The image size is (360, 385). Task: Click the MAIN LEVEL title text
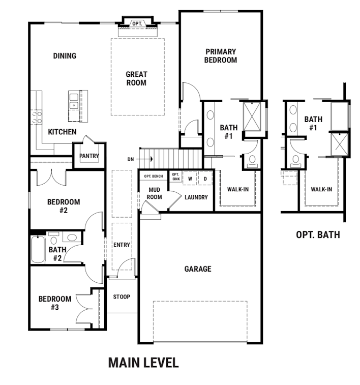point(143,363)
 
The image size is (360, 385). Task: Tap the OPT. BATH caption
point(318,235)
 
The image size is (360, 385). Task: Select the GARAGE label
point(198,269)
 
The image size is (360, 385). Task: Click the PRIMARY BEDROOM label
point(221,56)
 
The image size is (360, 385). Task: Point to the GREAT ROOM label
point(136,78)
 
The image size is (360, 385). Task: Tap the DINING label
point(65,56)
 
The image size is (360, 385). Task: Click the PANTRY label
point(89,156)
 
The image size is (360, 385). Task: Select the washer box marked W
point(190,179)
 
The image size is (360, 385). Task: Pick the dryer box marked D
point(205,179)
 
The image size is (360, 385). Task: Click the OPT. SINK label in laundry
point(176,176)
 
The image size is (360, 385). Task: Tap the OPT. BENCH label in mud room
point(154,176)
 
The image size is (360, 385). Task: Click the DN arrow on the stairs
point(144,159)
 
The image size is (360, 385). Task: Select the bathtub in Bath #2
point(38,250)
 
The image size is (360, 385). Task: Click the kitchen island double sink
point(74,101)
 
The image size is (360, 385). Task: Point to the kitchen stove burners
point(37,117)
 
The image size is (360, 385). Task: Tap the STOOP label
point(122,297)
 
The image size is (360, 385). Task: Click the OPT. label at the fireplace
point(137,23)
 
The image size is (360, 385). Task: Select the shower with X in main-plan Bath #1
point(252,116)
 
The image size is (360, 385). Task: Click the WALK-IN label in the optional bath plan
point(321,189)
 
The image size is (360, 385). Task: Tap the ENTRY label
point(122,245)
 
